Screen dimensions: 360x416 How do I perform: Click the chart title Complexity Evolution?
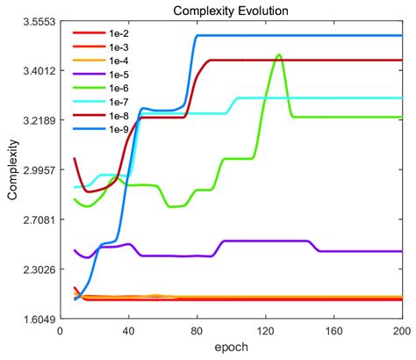click(231, 9)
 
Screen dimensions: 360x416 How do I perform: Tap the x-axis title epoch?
click(231, 349)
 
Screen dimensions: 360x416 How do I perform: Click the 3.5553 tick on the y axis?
click(36, 21)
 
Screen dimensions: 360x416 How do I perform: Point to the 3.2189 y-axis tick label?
click(36, 120)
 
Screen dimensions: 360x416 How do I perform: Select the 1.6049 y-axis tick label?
click(36, 320)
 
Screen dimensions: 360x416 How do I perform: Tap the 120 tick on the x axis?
click(265, 333)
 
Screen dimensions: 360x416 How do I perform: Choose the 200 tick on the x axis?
click(399, 333)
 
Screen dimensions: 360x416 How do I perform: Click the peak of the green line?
click(279, 55)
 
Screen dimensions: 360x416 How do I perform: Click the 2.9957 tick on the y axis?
click(36, 170)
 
